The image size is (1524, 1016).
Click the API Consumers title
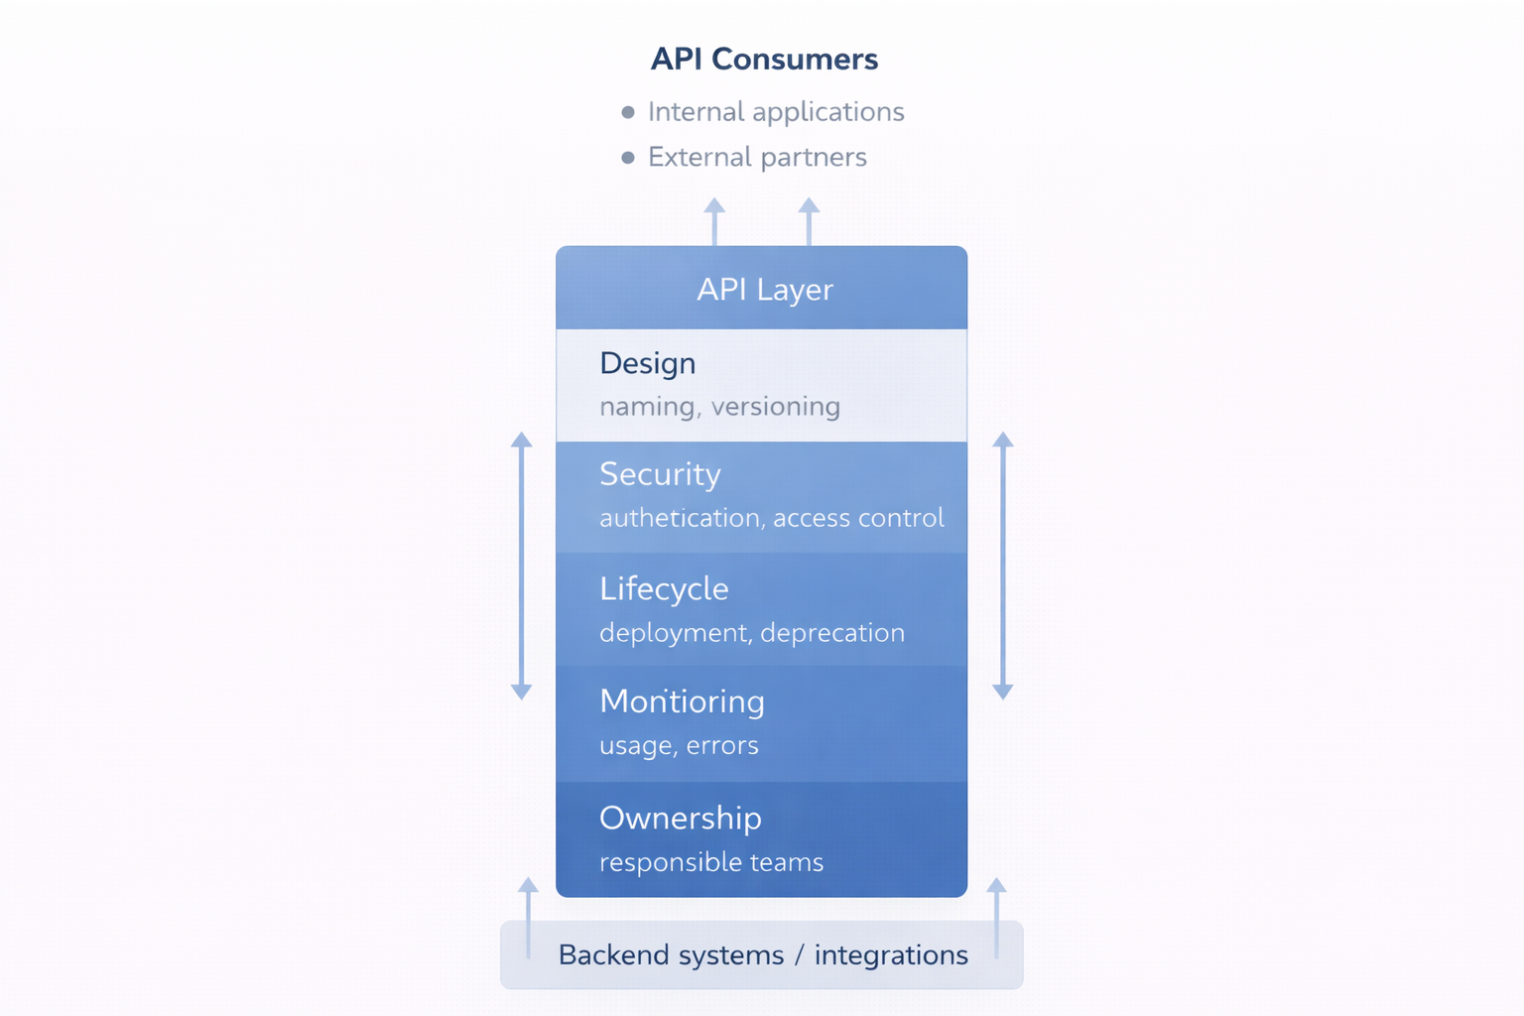[x=764, y=59]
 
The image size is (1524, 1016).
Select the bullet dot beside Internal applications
[x=628, y=112]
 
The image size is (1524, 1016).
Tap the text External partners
[x=757, y=157]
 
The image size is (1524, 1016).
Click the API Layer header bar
[x=762, y=289]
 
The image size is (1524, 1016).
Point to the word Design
[x=648, y=363]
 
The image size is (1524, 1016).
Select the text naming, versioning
[x=719, y=406]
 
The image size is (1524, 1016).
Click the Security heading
[x=660, y=474]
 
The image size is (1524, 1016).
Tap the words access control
[x=858, y=518]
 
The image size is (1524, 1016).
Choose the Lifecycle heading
[x=664, y=589]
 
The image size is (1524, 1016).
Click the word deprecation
[x=832, y=633]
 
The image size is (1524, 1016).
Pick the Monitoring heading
[x=682, y=701]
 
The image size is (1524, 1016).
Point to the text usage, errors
[x=679, y=745]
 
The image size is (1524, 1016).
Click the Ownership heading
[x=681, y=818]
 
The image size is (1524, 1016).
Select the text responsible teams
[x=711, y=862]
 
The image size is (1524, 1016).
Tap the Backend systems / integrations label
[x=762, y=954]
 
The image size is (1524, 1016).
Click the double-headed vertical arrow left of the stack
[x=521, y=566]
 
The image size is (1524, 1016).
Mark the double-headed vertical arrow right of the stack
[x=1003, y=566]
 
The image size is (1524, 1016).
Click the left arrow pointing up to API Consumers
[x=714, y=221]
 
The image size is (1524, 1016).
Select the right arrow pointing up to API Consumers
[x=809, y=221]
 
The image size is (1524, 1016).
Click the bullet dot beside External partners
[x=628, y=158]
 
